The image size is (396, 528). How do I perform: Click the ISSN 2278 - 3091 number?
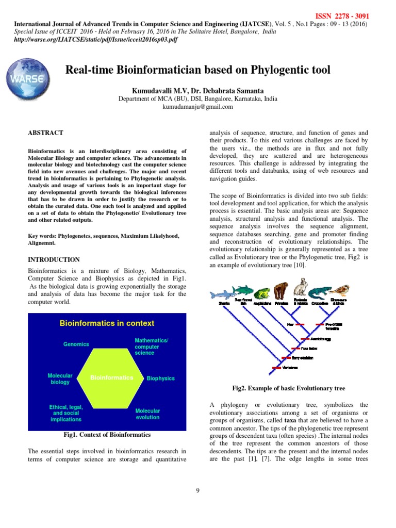(x=338, y=16)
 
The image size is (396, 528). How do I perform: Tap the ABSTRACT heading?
(x=45, y=133)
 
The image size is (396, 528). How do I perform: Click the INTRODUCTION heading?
(x=54, y=260)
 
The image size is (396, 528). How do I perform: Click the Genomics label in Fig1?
(x=76, y=344)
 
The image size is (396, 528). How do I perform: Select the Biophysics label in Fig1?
(x=160, y=378)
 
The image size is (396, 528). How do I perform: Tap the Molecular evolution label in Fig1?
(x=147, y=415)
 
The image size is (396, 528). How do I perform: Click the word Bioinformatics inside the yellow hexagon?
(x=111, y=378)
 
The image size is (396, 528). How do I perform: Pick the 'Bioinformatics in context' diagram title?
(x=107, y=323)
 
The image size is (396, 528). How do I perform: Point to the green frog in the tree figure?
(x=261, y=293)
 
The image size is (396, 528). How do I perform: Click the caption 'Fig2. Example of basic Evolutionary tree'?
(x=289, y=388)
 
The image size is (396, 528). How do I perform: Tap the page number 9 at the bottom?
(x=197, y=490)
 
